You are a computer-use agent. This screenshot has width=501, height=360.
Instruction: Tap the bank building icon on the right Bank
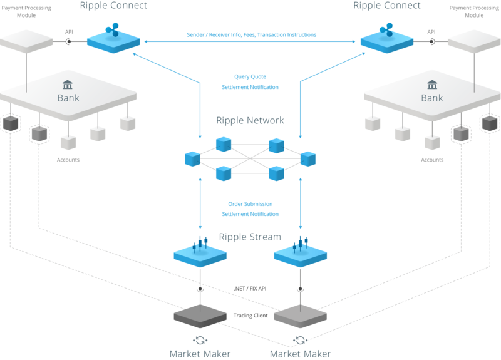tap(431, 85)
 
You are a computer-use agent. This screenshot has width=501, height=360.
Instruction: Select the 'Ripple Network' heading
tap(250, 120)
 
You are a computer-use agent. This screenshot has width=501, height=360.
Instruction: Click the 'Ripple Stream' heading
tap(250, 237)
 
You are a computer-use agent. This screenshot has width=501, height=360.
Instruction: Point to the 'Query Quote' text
tap(250, 76)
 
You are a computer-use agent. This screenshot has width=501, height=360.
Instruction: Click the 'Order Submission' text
tap(250, 203)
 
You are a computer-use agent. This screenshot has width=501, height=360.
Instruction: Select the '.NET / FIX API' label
tap(250, 288)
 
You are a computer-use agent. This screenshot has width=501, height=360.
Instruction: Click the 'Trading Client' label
tap(250, 316)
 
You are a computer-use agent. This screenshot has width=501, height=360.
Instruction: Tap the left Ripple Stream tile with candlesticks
tap(200, 252)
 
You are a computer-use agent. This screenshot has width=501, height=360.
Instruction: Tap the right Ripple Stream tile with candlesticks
tap(301, 252)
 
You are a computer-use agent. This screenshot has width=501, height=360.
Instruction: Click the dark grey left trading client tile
tap(200, 316)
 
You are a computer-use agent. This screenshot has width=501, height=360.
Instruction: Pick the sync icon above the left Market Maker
tap(200, 341)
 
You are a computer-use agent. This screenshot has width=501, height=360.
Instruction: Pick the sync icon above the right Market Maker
tap(301, 341)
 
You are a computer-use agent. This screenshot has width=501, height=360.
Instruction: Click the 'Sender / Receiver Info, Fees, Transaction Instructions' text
tap(251, 34)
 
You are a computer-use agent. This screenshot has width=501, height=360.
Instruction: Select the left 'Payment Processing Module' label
tap(27, 11)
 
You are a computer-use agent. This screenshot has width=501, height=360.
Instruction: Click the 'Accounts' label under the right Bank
tap(432, 160)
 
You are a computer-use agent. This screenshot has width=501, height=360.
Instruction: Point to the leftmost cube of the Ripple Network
tap(192, 159)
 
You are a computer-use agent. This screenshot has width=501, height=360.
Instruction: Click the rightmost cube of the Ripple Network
tap(307, 159)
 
